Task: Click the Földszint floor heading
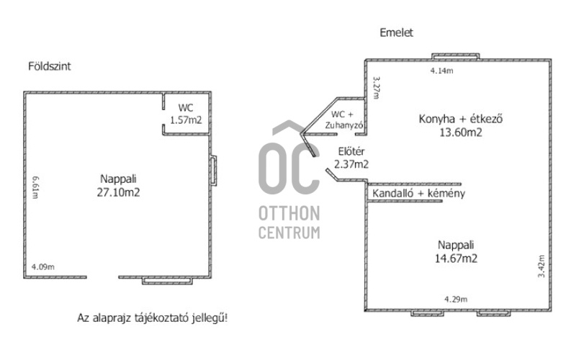click(50, 66)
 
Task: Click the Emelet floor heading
click(396, 32)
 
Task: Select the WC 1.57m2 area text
click(184, 120)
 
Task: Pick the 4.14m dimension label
click(441, 71)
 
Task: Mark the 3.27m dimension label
click(375, 89)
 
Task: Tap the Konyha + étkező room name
click(461, 120)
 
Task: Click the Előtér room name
click(353, 151)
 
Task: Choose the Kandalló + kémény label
click(418, 194)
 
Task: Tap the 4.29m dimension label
click(456, 300)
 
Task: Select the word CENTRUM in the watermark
click(289, 233)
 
